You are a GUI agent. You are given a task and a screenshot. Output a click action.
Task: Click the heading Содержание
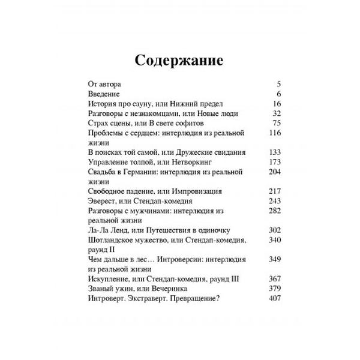(x=179, y=61)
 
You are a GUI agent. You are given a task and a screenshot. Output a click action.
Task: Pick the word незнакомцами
(x=155, y=113)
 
